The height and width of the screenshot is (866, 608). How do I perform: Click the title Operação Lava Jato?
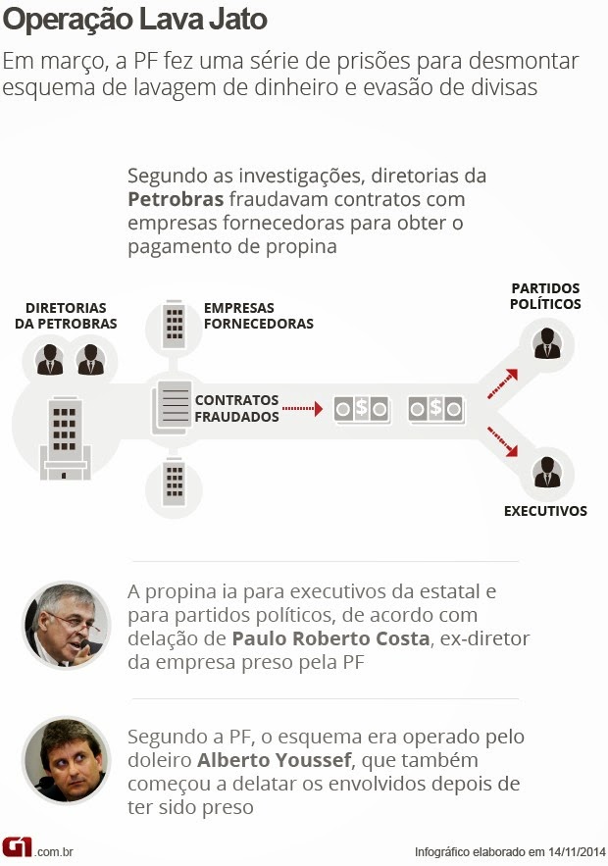click(134, 19)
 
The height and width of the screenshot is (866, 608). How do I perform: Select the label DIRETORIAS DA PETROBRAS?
click(66, 316)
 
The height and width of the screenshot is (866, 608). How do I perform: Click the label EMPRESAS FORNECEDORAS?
click(259, 316)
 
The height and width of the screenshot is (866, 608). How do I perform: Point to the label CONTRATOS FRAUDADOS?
click(237, 408)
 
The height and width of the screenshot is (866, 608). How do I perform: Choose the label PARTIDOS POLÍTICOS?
click(545, 296)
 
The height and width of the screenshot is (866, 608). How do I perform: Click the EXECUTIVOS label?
click(545, 511)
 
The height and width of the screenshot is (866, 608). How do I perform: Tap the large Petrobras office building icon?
click(66, 438)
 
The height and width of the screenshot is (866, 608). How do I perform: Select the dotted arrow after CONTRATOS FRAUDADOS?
click(302, 408)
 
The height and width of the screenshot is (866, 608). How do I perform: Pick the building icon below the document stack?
click(174, 482)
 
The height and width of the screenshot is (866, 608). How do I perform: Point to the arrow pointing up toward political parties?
click(503, 382)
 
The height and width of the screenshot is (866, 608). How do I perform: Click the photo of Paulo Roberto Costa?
click(66, 625)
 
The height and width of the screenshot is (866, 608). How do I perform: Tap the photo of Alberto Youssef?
click(66, 759)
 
